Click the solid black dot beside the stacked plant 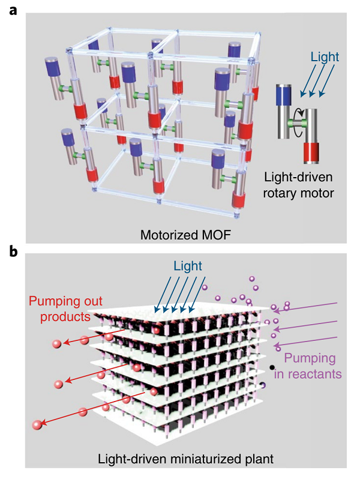[273, 367]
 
